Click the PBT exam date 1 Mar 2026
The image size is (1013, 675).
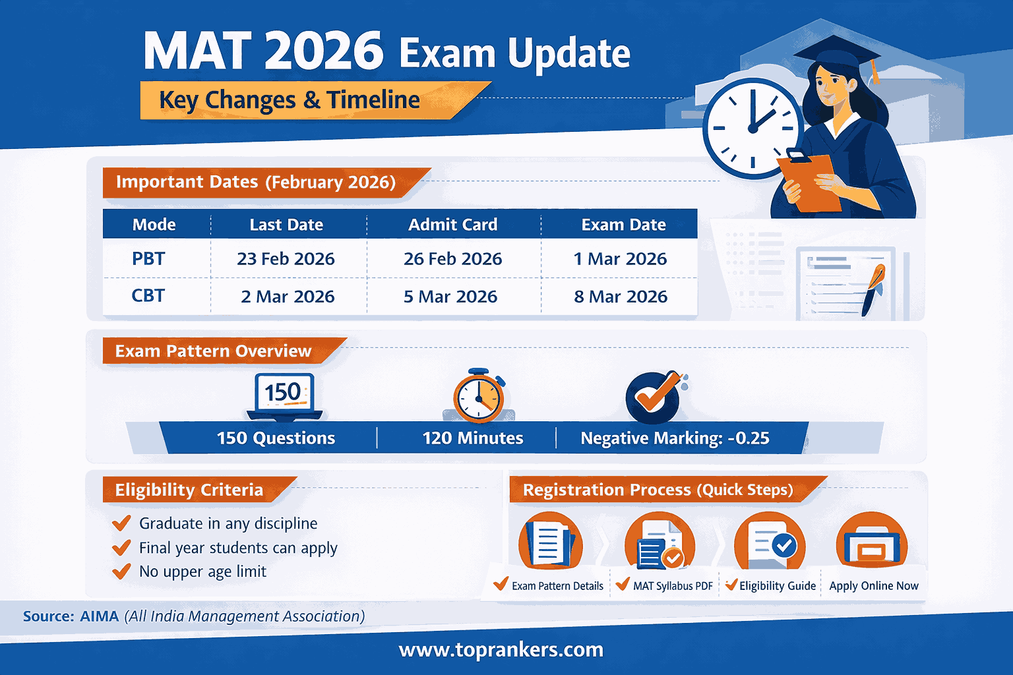click(620, 259)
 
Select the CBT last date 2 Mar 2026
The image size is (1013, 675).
click(288, 297)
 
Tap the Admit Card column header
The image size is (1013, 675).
click(453, 225)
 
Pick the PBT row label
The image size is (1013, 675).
click(148, 258)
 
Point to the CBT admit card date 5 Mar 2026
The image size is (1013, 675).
click(450, 297)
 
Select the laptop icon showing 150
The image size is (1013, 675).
click(284, 396)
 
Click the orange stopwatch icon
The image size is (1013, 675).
click(478, 397)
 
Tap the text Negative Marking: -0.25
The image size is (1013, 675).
click(675, 438)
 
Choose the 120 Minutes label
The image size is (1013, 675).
click(473, 438)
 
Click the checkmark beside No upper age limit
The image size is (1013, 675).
click(121, 572)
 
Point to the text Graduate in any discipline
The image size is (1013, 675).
click(228, 523)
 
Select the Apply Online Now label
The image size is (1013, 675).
click(873, 586)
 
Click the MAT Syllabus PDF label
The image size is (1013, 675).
click(673, 586)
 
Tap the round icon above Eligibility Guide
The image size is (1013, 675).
click(769, 543)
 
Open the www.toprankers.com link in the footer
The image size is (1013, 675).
click(501, 650)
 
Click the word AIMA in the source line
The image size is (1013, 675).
click(100, 616)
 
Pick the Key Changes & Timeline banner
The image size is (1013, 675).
click(290, 100)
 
